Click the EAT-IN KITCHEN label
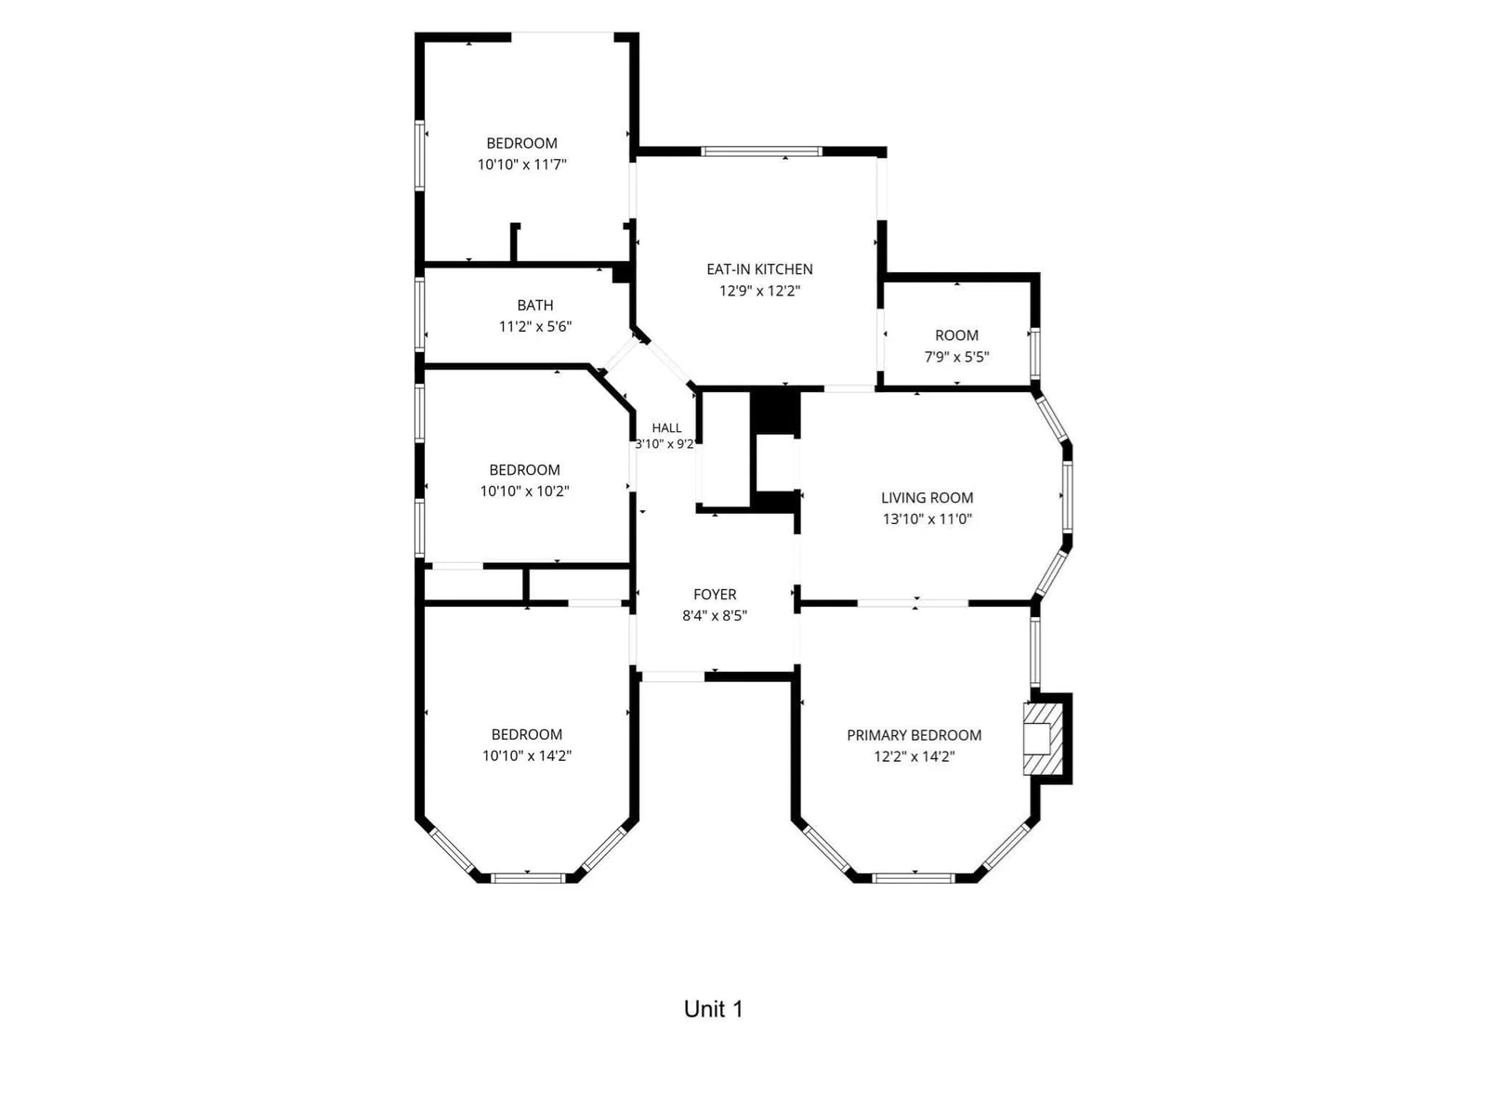(x=758, y=269)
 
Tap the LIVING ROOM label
(x=927, y=498)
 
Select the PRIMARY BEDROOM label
(x=914, y=735)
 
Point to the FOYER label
(x=714, y=595)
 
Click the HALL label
(x=666, y=427)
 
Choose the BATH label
(x=535, y=306)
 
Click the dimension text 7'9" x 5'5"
(x=956, y=357)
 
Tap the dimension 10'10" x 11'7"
(x=521, y=164)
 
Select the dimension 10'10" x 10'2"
(x=524, y=491)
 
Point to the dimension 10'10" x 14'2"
(x=526, y=755)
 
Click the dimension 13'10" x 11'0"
(x=927, y=519)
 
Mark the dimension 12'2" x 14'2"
(x=914, y=756)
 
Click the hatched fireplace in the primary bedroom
(x=1043, y=739)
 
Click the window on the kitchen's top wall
(x=761, y=151)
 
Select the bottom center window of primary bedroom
(x=914, y=879)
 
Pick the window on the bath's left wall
(x=420, y=315)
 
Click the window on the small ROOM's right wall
(x=1034, y=353)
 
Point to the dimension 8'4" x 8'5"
(x=714, y=615)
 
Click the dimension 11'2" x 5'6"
(x=535, y=326)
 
